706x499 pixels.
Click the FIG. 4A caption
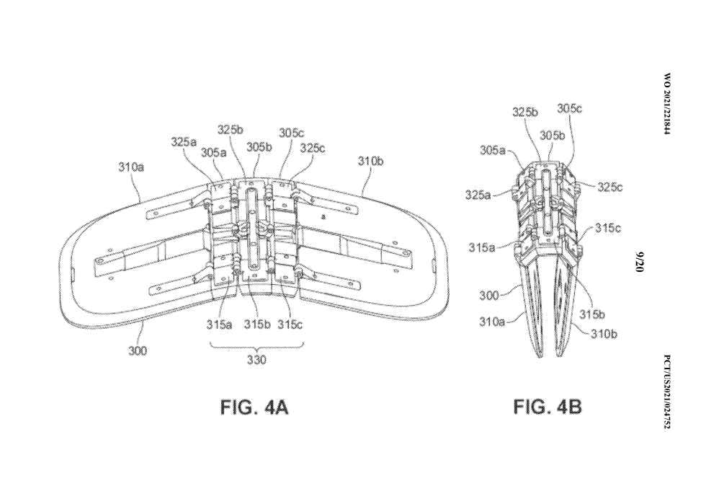(254, 408)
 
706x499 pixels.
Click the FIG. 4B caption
(547, 408)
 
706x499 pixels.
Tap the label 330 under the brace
(256, 360)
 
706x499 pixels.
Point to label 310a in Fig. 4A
(131, 167)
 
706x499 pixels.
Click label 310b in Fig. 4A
(370, 161)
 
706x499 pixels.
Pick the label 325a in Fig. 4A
(184, 142)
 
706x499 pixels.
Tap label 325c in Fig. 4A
(313, 147)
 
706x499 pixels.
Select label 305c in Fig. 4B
(569, 108)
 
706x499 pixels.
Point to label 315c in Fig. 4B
(608, 228)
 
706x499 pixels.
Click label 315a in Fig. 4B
(481, 247)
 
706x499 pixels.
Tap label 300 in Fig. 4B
(489, 295)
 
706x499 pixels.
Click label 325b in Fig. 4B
(524, 112)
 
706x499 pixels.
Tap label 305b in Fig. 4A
(259, 146)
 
